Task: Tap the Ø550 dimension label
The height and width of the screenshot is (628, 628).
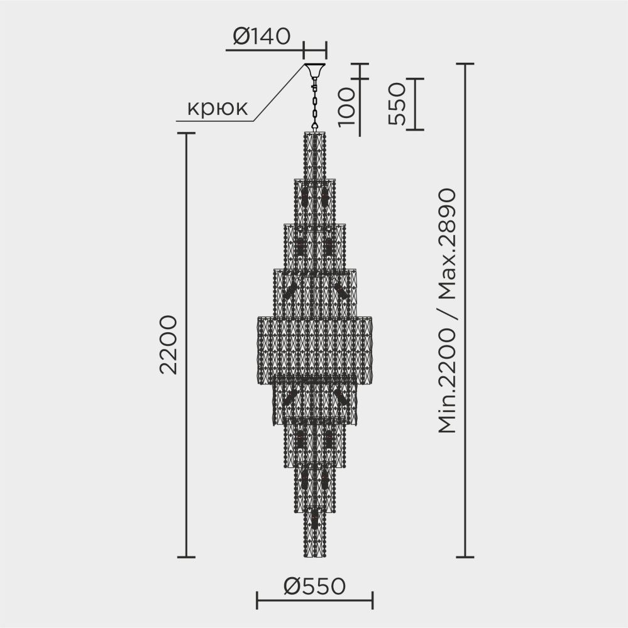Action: (x=314, y=587)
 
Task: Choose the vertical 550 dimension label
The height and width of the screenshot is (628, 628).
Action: (x=397, y=104)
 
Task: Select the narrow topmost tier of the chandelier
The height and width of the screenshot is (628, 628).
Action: (x=316, y=154)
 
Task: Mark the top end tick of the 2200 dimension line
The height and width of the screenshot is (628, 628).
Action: (x=185, y=133)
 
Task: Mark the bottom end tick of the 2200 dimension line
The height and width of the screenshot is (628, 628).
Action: (x=185, y=556)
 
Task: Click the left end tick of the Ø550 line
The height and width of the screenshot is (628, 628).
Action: (x=257, y=600)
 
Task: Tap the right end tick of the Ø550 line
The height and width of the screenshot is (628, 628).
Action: (x=373, y=600)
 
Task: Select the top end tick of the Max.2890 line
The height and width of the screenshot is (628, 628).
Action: (x=465, y=63)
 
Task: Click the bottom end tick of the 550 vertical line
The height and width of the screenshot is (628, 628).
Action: (x=415, y=130)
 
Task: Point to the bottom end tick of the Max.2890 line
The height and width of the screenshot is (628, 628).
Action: (x=465, y=556)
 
